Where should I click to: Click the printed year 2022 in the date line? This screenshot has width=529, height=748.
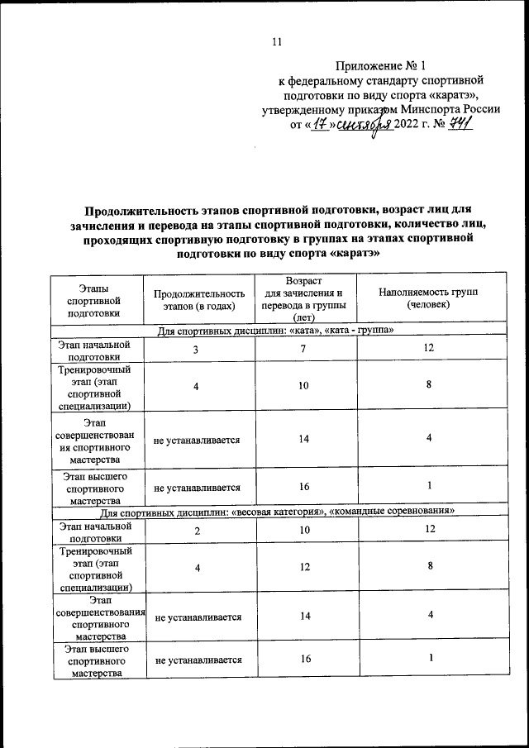(x=407, y=126)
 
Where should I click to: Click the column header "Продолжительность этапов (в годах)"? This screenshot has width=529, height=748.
(x=199, y=300)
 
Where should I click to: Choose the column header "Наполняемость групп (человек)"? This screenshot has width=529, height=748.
(x=428, y=299)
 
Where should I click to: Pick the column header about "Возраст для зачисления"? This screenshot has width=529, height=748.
(x=303, y=299)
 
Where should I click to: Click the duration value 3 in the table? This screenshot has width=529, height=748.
(x=196, y=350)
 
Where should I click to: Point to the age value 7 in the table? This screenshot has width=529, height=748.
(x=303, y=350)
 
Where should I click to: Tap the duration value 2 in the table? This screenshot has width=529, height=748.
(x=197, y=531)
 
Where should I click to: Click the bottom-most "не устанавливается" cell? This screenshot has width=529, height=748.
(x=198, y=660)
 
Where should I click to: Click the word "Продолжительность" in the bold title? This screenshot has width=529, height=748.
(x=142, y=212)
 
